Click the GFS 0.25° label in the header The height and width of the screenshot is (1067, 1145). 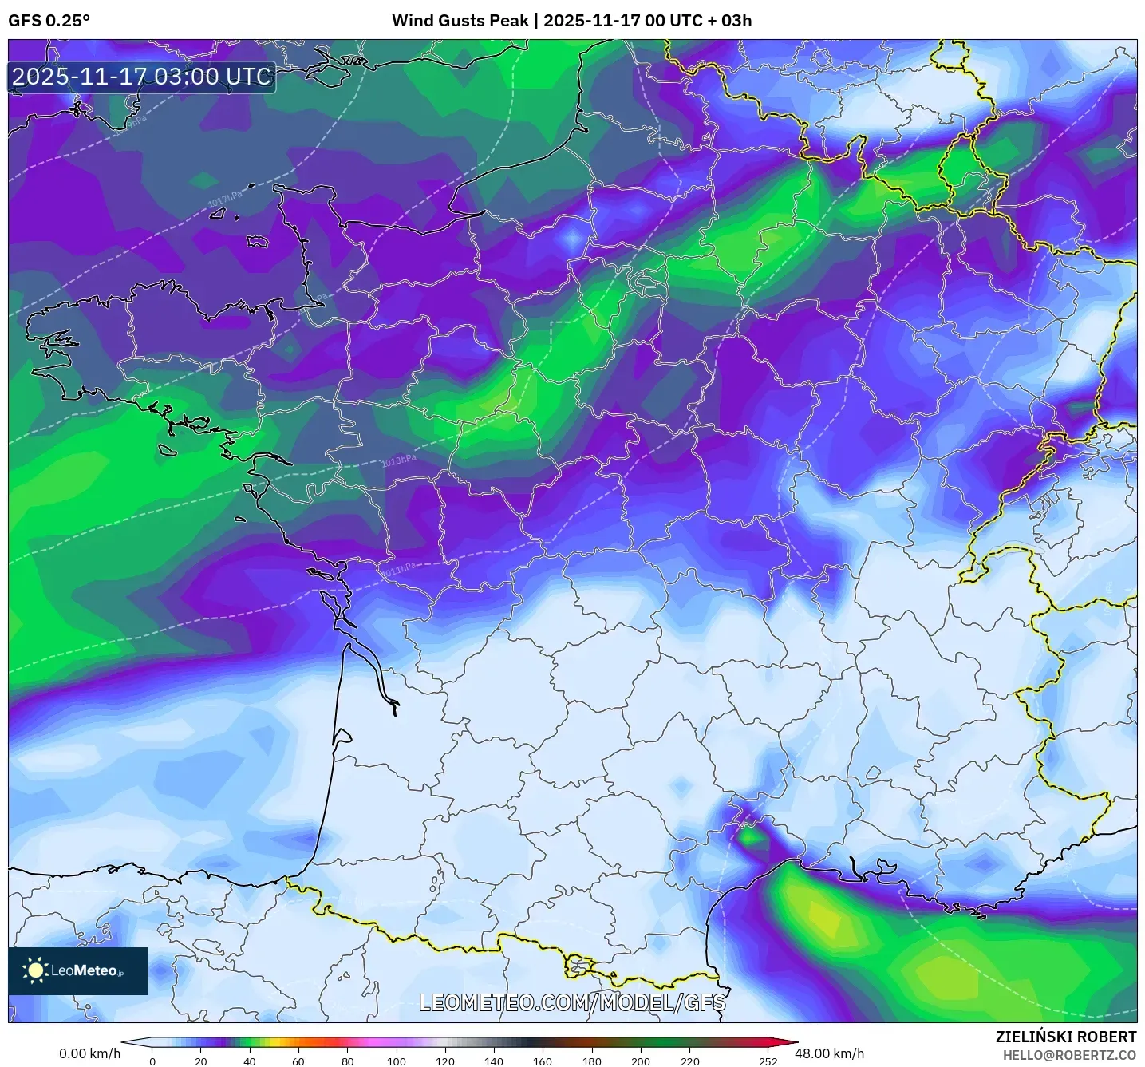click(x=49, y=21)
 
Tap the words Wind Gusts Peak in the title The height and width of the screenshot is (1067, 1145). click(x=460, y=21)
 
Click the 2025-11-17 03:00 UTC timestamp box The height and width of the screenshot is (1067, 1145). click(x=141, y=77)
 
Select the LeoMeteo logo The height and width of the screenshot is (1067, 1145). click(x=78, y=970)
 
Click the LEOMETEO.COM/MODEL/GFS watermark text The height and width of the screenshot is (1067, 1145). click(x=572, y=1002)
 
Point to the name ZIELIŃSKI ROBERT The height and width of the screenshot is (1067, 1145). click(x=1065, y=1037)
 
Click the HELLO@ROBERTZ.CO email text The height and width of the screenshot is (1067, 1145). click(x=1068, y=1055)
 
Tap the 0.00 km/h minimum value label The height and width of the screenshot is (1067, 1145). click(x=89, y=1053)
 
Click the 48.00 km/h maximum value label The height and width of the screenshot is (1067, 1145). click(x=829, y=1053)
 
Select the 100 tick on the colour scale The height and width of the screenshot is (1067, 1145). click(x=397, y=1061)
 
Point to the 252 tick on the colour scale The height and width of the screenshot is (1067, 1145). click(x=768, y=1061)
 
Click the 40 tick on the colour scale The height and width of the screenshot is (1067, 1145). click(x=250, y=1061)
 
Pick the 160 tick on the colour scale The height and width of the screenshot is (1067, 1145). click(x=543, y=1061)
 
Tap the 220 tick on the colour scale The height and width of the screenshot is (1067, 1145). click(x=689, y=1061)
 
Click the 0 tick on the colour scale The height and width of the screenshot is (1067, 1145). click(x=152, y=1061)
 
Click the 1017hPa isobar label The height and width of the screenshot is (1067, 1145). click(x=225, y=199)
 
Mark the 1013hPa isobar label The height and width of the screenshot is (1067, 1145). click(x=398, y=461)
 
